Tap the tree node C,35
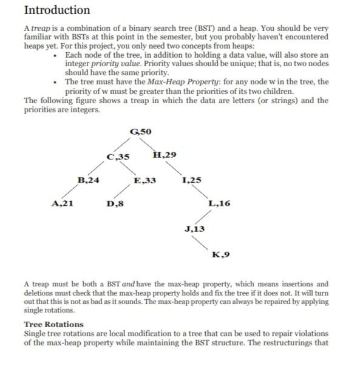(117, 157)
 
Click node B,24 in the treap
(89, 180)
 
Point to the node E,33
(145, 180)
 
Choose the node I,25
(192, 180)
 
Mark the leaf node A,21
(63, 204)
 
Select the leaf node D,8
(115, 204)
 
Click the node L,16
(219, 204)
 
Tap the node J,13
(194, 229)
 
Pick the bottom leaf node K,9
(220, 254)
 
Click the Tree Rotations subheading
(53, 324)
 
